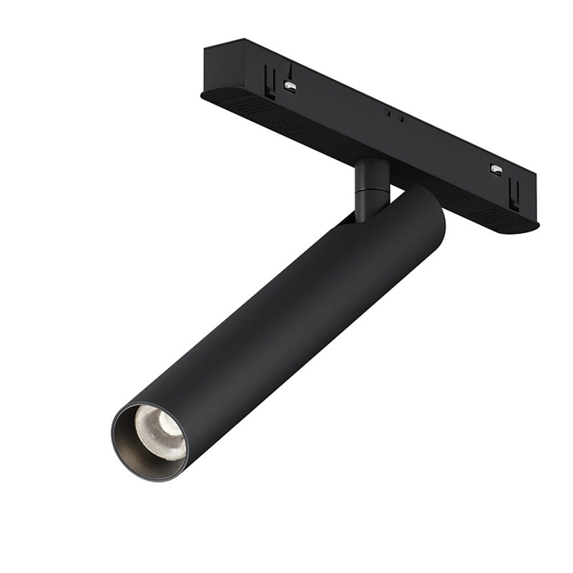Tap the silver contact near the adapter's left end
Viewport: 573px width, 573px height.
click(290, 86)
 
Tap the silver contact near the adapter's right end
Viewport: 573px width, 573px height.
click(496, 170)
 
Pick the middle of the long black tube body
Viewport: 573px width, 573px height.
click(275, 327)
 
